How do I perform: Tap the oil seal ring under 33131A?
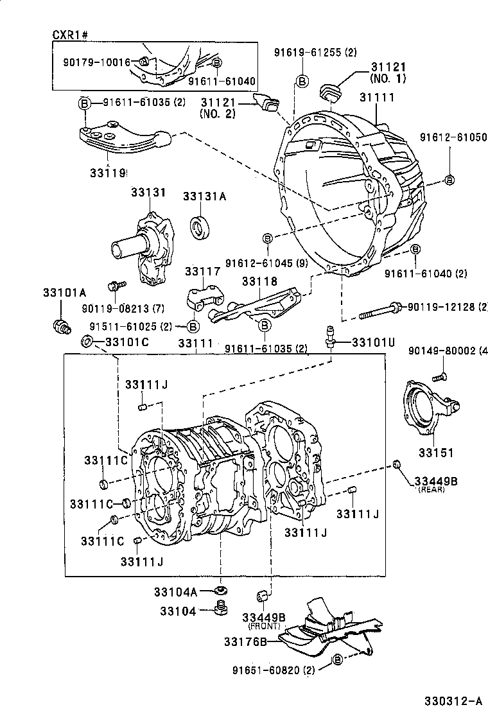pos(200,227)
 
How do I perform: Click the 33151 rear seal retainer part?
pos(423,411)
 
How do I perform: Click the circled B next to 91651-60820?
pos(338,661)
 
